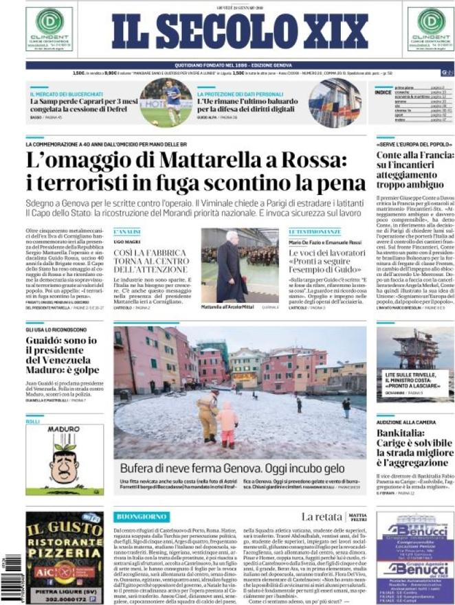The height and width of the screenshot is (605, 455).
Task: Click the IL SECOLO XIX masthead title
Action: pyautogui.click(x=240, y=32)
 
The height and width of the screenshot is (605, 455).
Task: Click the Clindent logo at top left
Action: pyautogui.click(x=49, y=28)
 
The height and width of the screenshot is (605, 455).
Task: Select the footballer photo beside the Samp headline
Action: pyautogui.click(x=166, y=103)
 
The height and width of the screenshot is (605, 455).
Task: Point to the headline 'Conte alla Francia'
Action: pyautogui.click(x=410, y=156)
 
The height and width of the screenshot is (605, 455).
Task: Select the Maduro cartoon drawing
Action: pyautogui.click(x=65, y=461)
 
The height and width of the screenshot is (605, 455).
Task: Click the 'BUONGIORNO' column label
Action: pyautogui.click(x=142, y=516)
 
